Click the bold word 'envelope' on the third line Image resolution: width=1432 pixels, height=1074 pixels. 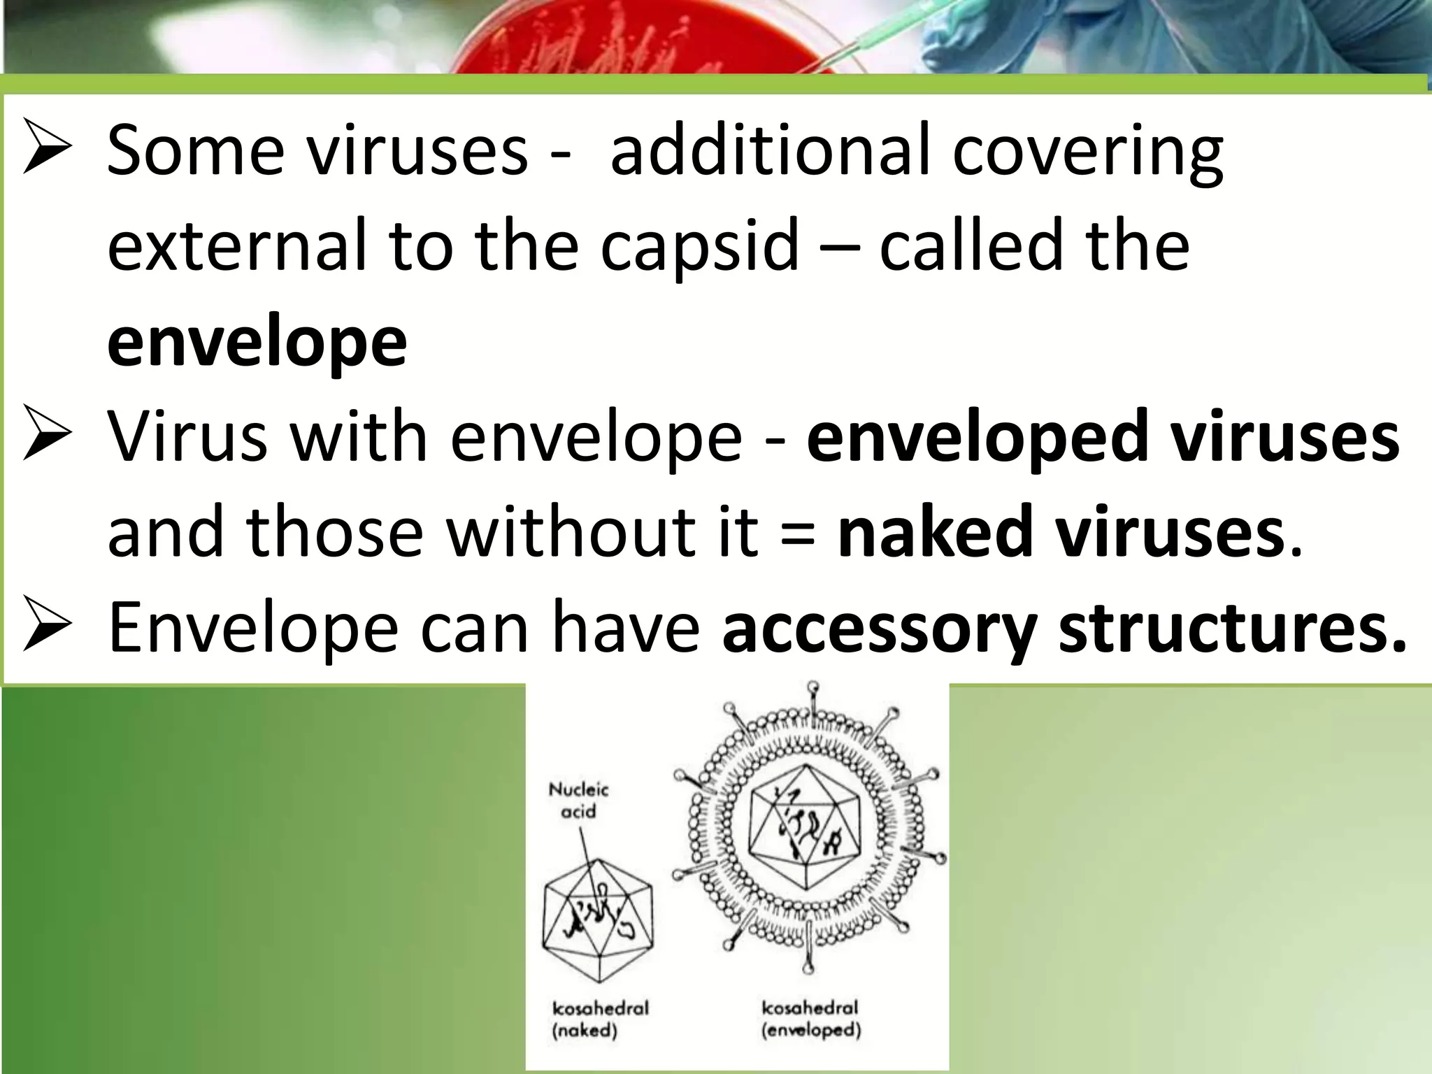coord(257,342)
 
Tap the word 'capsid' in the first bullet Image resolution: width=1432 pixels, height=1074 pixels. coord(699,245)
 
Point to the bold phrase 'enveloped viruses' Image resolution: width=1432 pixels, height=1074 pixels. coord(1103,437)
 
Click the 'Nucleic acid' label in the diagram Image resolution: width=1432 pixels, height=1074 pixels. coord(578,801)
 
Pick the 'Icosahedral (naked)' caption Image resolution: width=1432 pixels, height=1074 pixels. coord(601,1019)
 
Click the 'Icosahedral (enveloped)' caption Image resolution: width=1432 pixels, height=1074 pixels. coord(811,1019)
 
